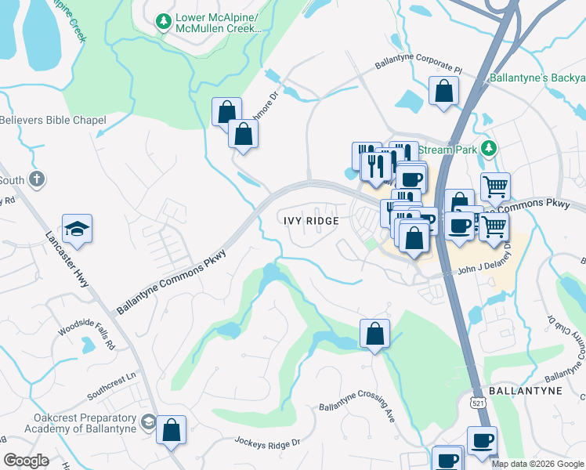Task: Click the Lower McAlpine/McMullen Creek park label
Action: click(x=217, y=24)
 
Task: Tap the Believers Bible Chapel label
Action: click(x=52, y=120)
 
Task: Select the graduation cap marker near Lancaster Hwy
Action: click(x=77, y=228)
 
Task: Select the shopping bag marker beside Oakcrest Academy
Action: click(x=171, y=430)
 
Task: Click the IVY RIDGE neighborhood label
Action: click(x=311, y=221)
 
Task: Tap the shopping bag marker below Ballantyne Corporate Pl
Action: click(x=443, y=91)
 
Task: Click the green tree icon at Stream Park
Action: click(x=489, y=148)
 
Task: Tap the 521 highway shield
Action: click(x=476, y=402)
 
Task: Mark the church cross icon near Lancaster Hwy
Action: click(x=36, y=180)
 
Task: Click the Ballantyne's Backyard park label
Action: click(x=537, y=78)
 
